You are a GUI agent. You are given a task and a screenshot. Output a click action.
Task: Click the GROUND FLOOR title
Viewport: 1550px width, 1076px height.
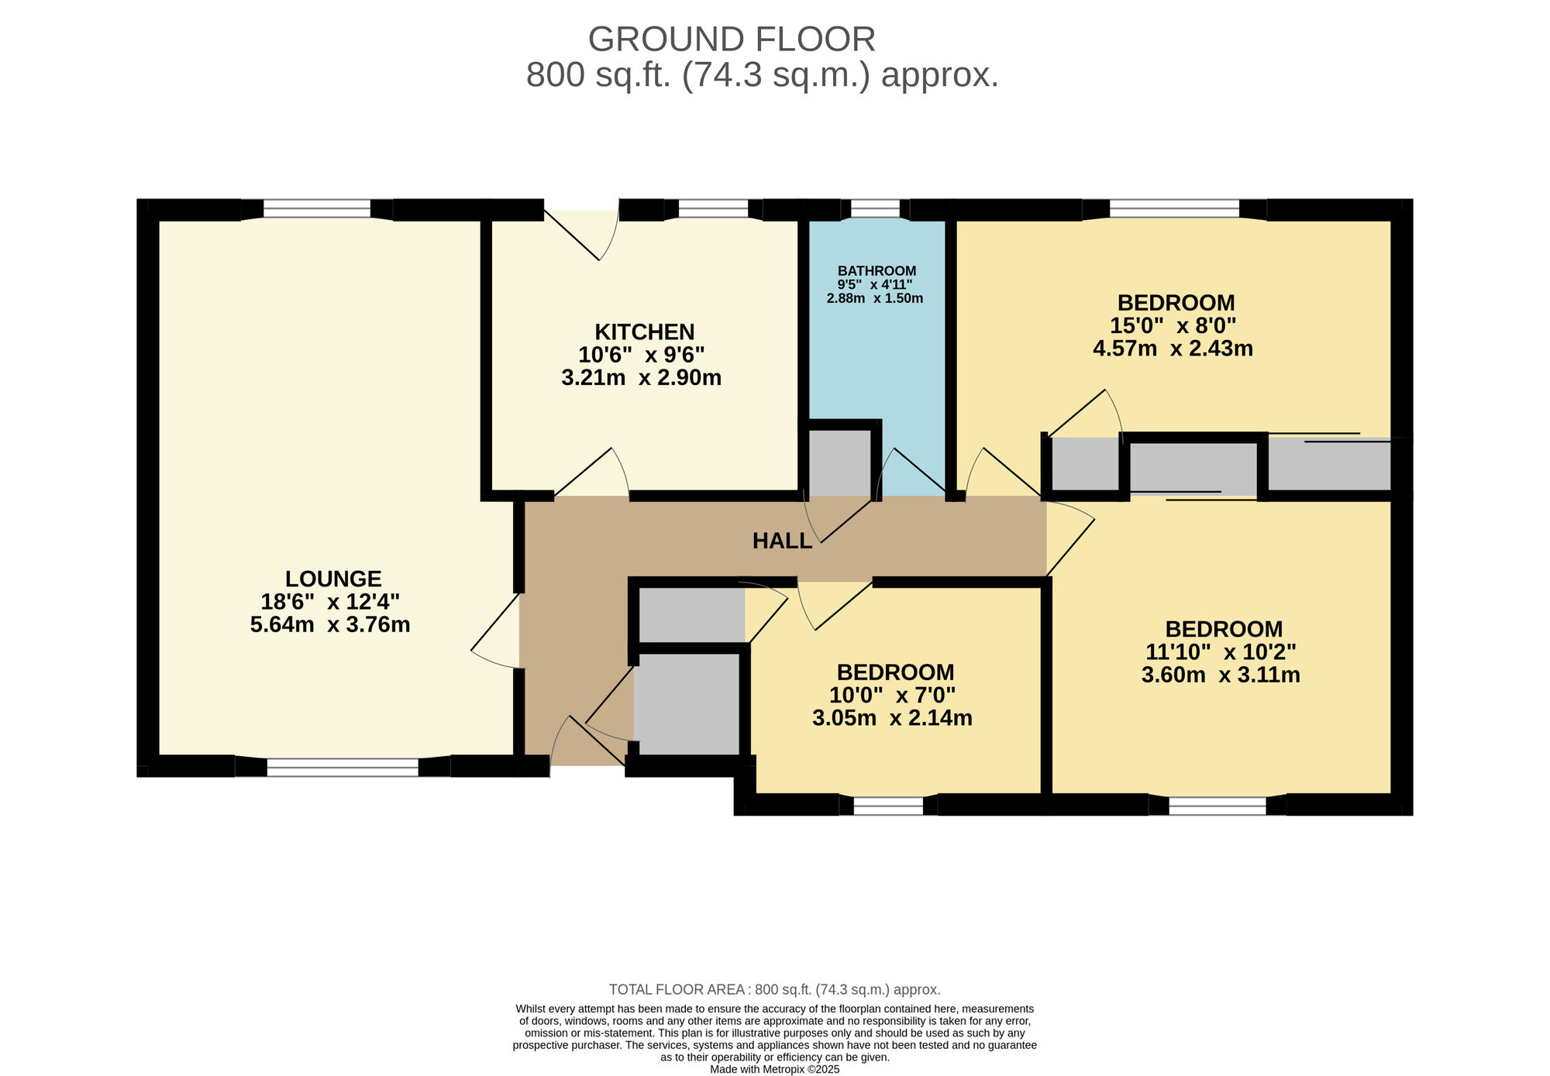click(732, 40)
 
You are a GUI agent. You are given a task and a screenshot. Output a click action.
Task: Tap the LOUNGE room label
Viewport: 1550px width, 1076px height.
click(333, 579)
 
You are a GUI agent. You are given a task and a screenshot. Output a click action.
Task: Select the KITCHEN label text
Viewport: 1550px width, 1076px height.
click(644, 332)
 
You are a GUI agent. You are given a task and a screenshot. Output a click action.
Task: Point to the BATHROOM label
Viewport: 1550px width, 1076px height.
click(877, 271)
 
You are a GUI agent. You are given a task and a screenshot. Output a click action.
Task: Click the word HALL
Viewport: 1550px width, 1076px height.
click(782, 541)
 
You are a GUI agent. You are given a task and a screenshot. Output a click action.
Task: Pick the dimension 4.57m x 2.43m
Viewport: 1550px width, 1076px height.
click(1173, 349)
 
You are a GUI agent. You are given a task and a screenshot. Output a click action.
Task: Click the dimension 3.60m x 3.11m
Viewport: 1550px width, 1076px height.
click(1221, 676)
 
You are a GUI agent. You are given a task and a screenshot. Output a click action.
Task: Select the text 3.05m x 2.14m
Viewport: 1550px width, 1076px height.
click(892, 718)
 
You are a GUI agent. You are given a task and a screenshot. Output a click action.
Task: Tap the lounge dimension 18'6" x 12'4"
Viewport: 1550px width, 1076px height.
click(330, 602)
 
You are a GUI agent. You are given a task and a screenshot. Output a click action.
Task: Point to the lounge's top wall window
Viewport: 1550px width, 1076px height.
click(317, 209)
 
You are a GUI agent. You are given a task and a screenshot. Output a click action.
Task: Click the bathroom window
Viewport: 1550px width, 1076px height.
click(875, 209)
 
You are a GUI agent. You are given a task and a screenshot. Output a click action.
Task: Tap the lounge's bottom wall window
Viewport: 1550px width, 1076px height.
click(342, 767)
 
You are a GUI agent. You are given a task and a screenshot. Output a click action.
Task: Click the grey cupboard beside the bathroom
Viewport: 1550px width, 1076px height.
click(839, 462)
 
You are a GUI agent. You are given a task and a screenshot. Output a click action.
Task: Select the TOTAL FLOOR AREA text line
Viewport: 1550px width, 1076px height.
click(774, 989)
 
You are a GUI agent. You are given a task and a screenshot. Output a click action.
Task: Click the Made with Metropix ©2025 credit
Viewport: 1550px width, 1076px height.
click(774, 1069)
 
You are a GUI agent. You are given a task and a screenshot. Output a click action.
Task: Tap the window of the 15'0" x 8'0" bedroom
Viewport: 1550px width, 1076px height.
click(1174, 209)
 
